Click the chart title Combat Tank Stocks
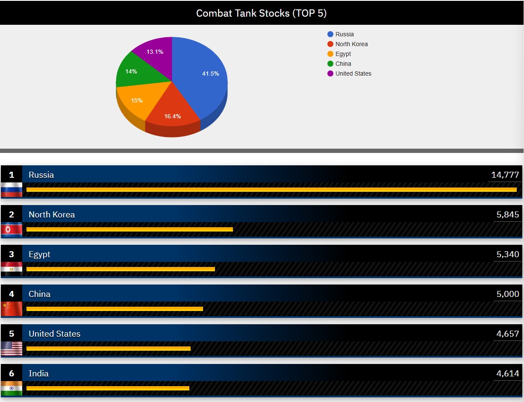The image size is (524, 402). (x=261, y=13)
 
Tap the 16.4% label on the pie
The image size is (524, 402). (x=173, y=116)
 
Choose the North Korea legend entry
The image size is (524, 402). (x=351, y=44)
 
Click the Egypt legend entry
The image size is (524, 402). (x=343, y=54)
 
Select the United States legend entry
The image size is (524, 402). (x=353, y=73)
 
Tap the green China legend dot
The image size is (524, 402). (x=330, y=64)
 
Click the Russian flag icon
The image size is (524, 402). (x=12, y=189)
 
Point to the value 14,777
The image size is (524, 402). (x=505, y=175)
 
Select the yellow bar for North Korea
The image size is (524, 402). (x=130, y=229)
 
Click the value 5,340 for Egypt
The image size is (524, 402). (x=507, y=254)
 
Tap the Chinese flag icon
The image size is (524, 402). (x=12, y=308)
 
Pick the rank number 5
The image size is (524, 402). (x=12, y=334)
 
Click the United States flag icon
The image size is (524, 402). (x=12, y=348)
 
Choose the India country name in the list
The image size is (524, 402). (x=38, y=373)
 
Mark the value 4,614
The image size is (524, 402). (x=507, y=373)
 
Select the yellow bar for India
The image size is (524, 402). (x=108, y=388)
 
